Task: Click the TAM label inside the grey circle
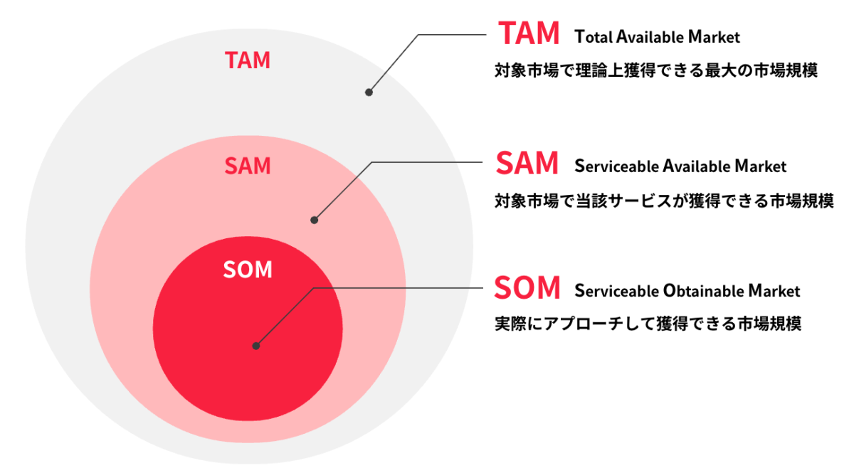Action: (x=248, y=60)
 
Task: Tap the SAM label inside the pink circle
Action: (x=248, y=166)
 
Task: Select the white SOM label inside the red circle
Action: (x=248, y=270)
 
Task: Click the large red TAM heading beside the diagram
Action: (x=529, y=33)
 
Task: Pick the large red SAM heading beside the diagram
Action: (x=527, y=163)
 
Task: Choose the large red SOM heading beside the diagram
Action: (x=527, y=287)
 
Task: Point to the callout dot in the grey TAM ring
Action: (x=369, y=92)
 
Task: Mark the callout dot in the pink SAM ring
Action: (x=314, y=220)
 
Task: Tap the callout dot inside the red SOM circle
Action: (x=256, y=346)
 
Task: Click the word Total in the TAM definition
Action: (x=594, y=37)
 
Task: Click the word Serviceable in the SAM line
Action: (x=616, y=166)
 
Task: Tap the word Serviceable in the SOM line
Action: (x=616, y=291)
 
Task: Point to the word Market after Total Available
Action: (x=714, y=37)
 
